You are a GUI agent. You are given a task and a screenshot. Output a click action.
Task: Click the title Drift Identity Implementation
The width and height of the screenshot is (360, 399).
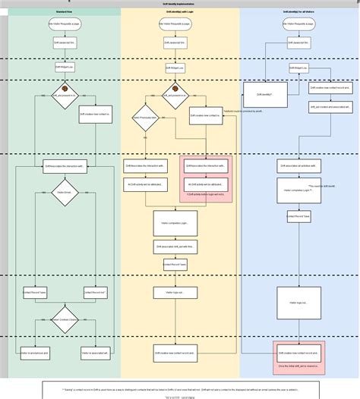179,4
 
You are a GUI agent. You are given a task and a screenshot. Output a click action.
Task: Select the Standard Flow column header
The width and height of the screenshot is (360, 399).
65,12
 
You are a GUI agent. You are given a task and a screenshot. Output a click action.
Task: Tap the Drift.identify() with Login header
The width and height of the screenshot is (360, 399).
180,12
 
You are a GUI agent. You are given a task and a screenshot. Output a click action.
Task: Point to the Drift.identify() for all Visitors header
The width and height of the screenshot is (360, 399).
298,12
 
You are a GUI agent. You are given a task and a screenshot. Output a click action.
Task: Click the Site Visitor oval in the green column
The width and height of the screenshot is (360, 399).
65,25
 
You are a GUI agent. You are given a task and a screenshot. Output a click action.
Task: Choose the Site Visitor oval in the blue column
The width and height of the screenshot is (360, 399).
298,25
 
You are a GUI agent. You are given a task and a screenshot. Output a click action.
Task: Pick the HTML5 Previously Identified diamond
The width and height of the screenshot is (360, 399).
144,118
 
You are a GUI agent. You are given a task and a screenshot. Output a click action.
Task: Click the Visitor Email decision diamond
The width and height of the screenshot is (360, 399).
65,193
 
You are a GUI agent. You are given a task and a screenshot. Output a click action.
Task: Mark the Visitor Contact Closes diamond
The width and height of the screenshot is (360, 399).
65,319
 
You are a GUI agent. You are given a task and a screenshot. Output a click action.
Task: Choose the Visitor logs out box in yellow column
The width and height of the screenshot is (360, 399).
175,291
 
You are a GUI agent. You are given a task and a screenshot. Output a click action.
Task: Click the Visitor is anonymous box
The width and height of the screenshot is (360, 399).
35,353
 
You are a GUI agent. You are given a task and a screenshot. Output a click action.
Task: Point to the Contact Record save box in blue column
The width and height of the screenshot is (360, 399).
298,216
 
